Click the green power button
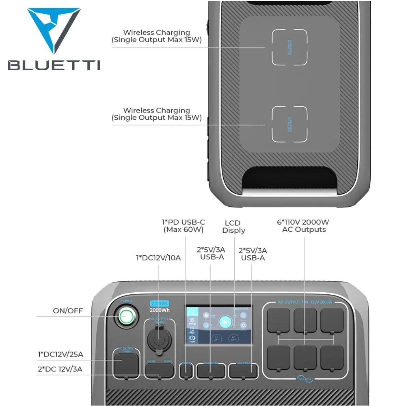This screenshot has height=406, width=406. [126, 315]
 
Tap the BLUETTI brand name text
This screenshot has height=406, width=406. [54, 65]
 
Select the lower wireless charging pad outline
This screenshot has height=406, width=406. [289, 124]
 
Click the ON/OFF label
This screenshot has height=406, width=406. [68, 311]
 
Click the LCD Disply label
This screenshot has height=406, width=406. [234, 227]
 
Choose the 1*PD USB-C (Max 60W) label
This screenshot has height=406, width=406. [184, 226]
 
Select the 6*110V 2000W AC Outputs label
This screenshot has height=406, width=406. [304, 226]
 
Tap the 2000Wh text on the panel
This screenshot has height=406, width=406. [159, 311]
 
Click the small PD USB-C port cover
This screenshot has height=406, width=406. [186, 371]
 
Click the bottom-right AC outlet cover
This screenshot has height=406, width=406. [332, 357]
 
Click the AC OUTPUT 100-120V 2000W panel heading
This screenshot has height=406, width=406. [305, 302]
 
